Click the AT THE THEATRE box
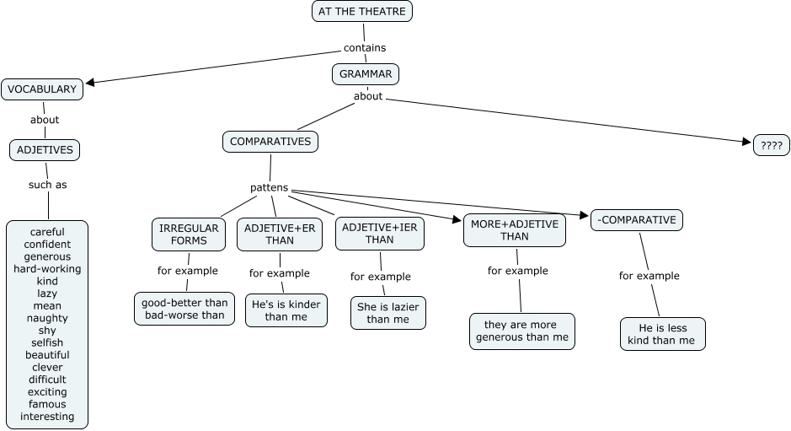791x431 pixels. tap(362, 11)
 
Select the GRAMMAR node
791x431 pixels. tap(366, 74)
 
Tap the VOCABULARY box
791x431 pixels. tap(41, 89)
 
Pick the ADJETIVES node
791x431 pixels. tap(45, 151)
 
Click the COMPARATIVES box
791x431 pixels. tap(270, 142)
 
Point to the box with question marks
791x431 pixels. tap(772, 145)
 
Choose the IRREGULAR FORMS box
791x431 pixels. tap(189, 234)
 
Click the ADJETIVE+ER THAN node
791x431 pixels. tap(280, 234)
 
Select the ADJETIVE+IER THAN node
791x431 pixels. tap(379, 234)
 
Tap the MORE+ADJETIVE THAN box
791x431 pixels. tap(514, 229)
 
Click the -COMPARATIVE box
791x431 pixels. tap(636, 220)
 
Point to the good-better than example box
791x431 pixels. tap(185, 309)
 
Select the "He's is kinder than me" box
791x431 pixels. tap(286, 310)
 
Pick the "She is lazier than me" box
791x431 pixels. tap(388, 312)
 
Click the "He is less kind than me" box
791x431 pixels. tap(662, 333)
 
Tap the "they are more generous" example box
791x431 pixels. tap(522, 331)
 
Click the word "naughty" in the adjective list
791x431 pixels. tap(47, 318)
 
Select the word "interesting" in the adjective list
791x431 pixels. tap(47, 416)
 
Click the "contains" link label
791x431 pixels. tap(365, 48)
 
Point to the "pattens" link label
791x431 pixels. tap(269, 187)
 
